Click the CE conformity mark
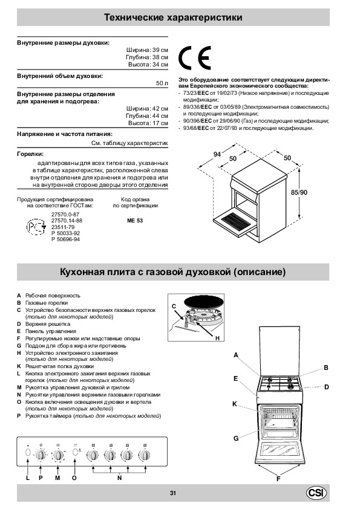click(x=195, y=57)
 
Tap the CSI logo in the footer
click(x=316, y=493)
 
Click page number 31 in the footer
click(x=173, y=493)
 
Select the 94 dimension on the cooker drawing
click(x=217, y=154)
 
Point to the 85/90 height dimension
click(x=299, y=192)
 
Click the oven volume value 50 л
click(x=162, y=83)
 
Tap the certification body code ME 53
click(x=135, y=221)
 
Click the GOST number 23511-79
click(x=63, y=227)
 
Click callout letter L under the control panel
click(x=28, y=478)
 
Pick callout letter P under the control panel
click(x=41, y=478)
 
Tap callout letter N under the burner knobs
click(x=120, y=478)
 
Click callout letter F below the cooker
click(x=278, y=479)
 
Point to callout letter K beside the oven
click(x=235, y=404)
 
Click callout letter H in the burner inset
click(x=217, y=339)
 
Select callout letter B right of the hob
click(x=326, y=368)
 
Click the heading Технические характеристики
click(x=173, y=17)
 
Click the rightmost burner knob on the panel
click(x=144, y=455)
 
